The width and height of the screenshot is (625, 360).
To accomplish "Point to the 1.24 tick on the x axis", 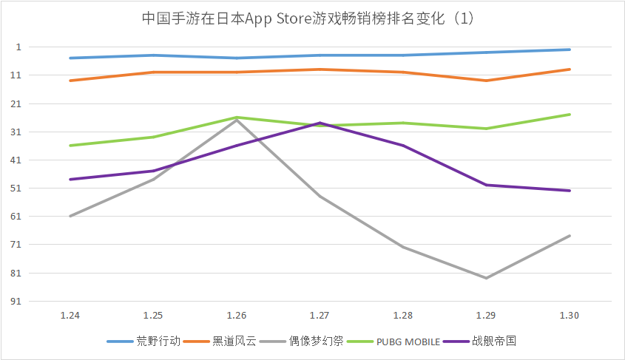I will click(70, 315).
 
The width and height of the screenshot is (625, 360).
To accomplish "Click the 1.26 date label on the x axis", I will click(237, 315).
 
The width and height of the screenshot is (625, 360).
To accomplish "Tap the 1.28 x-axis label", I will click(403, 315).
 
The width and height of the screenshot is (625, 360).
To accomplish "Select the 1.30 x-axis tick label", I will click(569, 315).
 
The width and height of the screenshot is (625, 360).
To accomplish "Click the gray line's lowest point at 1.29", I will click(486, 278).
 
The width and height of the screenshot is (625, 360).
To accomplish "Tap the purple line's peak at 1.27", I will click(320, 123).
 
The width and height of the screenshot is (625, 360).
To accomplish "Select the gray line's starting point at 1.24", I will click(70, 216).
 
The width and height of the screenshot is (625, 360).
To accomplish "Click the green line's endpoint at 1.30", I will click(569, 115).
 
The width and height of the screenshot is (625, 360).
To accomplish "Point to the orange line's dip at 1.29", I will click(486, 81).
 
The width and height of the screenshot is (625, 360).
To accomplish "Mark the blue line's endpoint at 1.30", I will click(569, 50).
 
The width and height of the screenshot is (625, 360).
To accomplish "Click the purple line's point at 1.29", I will click(486, 185).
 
